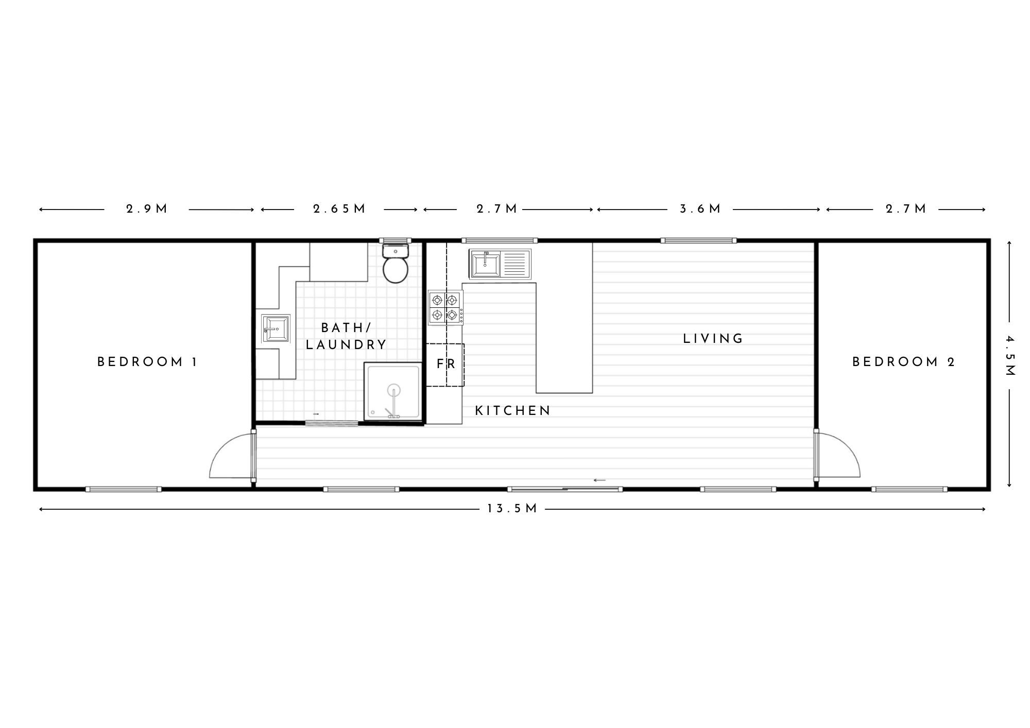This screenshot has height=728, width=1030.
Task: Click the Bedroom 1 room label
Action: [147, 362]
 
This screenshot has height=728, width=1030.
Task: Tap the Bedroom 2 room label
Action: [904, 362]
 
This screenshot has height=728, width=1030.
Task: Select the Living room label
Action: [713, 339]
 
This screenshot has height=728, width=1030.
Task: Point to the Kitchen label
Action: [513, 410]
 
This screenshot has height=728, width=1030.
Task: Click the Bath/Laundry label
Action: [346, 336]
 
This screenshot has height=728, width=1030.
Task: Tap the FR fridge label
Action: [446, 364]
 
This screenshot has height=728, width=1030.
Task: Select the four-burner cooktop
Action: [445, 307]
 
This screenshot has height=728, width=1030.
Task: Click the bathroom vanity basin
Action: [276, 328]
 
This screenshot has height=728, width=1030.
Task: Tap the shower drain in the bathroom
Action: [394, 390]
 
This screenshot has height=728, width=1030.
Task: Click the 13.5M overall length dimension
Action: [512, 509]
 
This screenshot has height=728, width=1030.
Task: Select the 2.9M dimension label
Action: [147, 209]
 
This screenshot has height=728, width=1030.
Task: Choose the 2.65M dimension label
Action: [339, 209]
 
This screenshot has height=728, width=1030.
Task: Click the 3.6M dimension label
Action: [700, 209]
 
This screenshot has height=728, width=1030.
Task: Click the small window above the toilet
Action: [396, 240]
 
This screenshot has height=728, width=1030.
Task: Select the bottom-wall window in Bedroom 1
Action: [124, 489]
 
